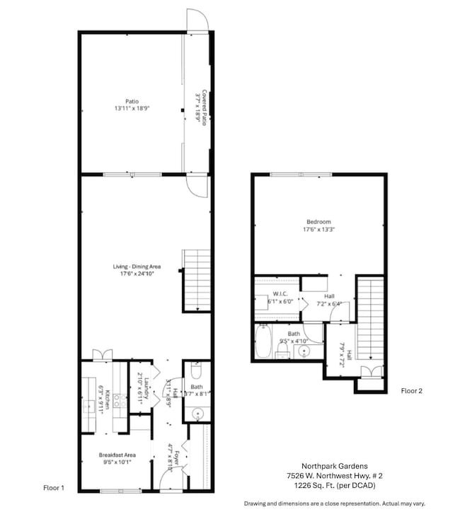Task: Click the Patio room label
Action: coord(131,105)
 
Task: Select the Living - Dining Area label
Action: coord(137,271)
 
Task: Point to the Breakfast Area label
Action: coord(115,459)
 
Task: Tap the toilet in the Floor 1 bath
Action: coord(196,371)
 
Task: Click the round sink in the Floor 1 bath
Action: coord(197,414)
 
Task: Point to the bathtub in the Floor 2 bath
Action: coord(263,342)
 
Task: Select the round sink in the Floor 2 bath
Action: coord(305,351)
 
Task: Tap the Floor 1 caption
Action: coord(54,488)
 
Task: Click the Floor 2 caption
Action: coord(411,390)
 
